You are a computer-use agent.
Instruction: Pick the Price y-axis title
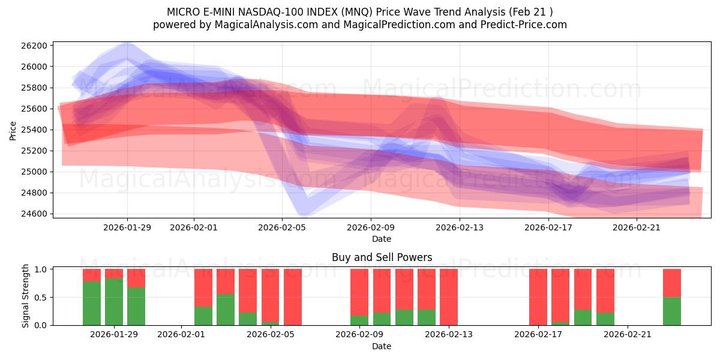(13, 130)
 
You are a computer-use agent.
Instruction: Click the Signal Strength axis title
(26, 296)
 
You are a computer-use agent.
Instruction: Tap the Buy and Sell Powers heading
(382, 257)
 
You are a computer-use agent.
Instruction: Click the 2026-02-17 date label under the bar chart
(538, 334)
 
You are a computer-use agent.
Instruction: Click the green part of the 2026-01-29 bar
(114, 303)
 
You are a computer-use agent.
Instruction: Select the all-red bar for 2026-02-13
(449, 297)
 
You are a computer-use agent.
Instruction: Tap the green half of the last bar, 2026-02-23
(672, 311)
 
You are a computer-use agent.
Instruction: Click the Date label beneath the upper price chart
(382, 239)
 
